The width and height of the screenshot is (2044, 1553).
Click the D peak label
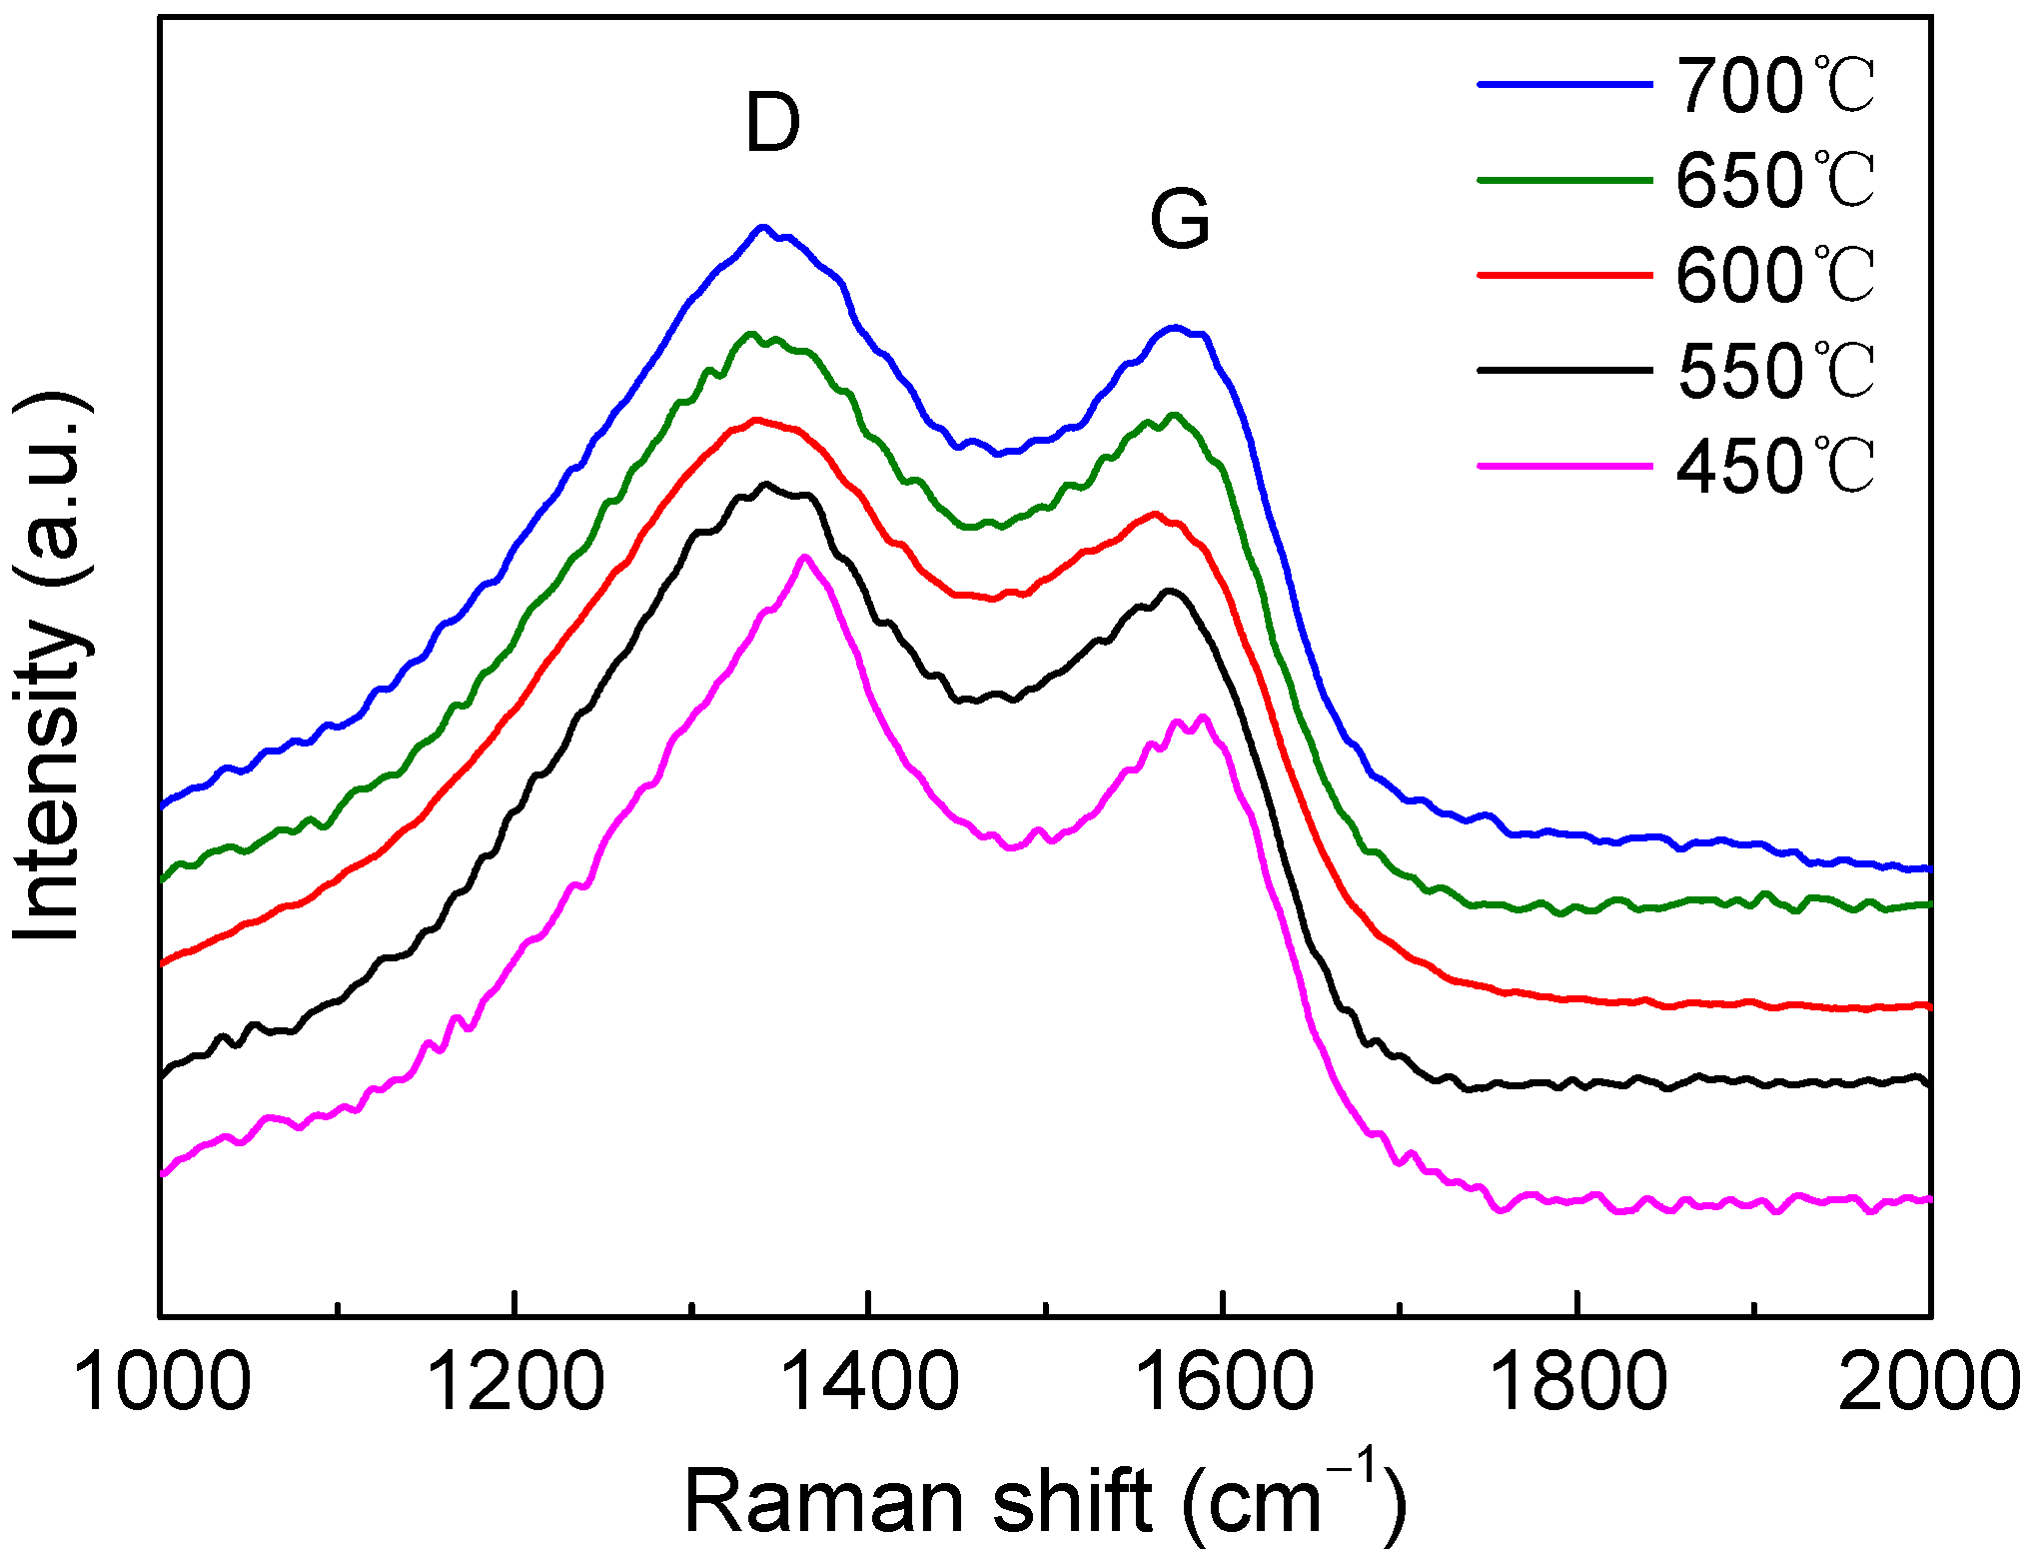(x=773, y=123)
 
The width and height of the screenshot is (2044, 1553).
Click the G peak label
(x=1180, y=219)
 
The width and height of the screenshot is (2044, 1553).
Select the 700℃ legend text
(x=1775, y=86)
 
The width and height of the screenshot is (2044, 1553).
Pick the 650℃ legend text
(x=1775, y=181)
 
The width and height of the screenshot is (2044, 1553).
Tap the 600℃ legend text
(x=1775, y=276)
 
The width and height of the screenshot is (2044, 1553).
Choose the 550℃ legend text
(x=1775, y=371)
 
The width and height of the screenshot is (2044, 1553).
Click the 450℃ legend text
(x=1775, y=467)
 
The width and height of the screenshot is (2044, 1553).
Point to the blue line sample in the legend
(x=1564, y=85)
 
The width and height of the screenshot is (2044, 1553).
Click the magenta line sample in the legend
(x=1564, y=466)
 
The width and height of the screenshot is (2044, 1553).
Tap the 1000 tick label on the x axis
(x=162, y=1383)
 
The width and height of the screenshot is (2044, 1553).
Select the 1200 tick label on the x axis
(x=515, y=1383)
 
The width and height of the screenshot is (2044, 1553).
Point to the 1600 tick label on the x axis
(x=1224, y=1383)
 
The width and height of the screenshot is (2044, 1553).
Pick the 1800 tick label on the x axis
(x=1577, y=1383)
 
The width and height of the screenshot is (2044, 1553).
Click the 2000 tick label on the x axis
(x=1928, y=1383)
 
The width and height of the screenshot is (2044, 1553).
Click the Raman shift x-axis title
(x=1044, y=1499)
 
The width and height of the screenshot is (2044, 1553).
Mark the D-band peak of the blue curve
(x=763, y=227)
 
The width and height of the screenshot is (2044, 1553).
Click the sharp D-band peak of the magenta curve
(x=804, y=557)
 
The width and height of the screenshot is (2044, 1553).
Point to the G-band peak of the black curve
(x=1171, y=591)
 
